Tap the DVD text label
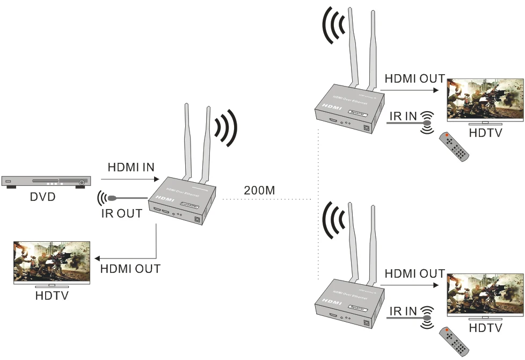click(x=43, y=197)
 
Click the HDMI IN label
click(x=131, y=167)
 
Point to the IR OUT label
click(x=122, y=213)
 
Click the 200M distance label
click(x=260, y=190)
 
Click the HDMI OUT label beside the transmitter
click(x=130, y=269)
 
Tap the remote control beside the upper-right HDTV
click(x=454, y=146)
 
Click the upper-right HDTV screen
click(x=485, y=100)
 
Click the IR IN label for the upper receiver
click(x=404, y=115)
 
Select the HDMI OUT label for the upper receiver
click(x=414, y=79)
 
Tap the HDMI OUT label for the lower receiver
click(x=414, y=273)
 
